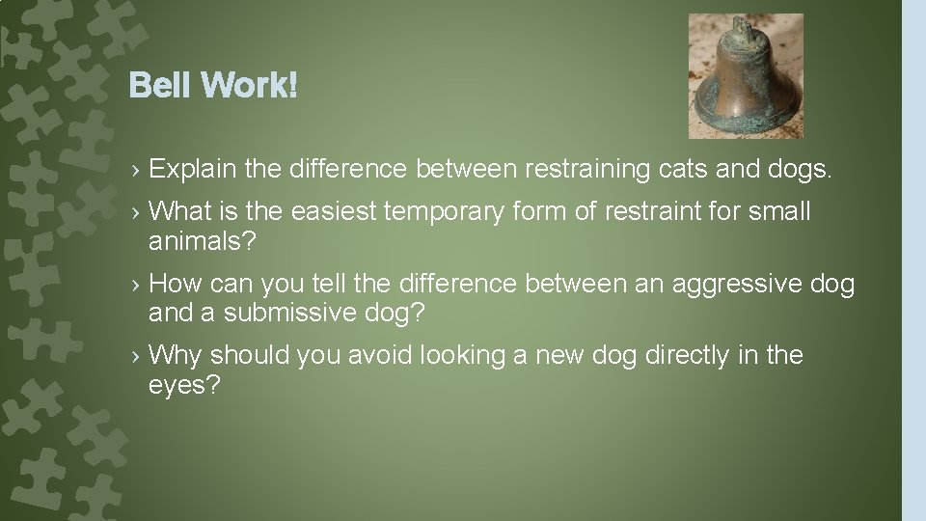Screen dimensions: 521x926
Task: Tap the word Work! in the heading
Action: tap(249, 87)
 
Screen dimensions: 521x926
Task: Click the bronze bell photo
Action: tap(746, 76)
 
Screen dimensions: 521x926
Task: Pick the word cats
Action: tap(688, 170)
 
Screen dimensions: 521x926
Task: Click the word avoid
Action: tap(379, 356)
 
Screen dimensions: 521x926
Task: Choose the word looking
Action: tap(462, 356)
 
